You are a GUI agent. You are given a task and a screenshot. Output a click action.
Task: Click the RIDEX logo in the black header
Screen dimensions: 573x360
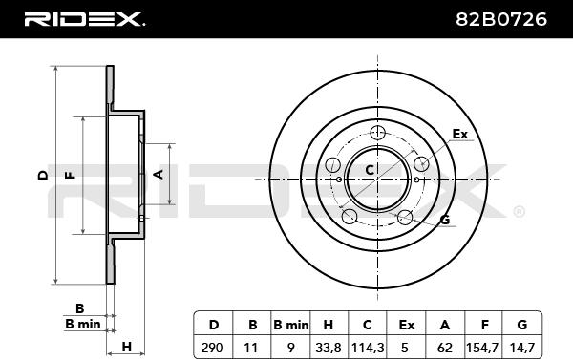click(x=84, y=19)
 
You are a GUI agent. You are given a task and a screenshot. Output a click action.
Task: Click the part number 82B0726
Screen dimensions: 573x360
click(x=501, y=19)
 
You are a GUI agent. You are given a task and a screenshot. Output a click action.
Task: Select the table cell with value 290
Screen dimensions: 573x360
click(x=213, y=347)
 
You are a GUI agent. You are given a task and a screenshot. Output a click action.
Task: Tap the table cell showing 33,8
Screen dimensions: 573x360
click(x=329, y=347)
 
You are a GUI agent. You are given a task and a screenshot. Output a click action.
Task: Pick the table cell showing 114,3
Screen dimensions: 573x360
click(x=368, y=347)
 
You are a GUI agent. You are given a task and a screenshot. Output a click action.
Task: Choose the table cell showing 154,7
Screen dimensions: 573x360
click(x=483, y=347)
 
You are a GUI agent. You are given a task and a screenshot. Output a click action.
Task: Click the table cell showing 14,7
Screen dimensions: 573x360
click(x=522, y=347)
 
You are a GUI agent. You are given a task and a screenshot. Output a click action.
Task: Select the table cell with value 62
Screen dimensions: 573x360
click(x=445, y=347)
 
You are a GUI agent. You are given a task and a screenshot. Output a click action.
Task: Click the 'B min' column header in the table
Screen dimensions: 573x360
click(x=290, y=324)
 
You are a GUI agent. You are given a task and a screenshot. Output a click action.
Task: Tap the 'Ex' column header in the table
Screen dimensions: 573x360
click(x=407, y=324)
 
